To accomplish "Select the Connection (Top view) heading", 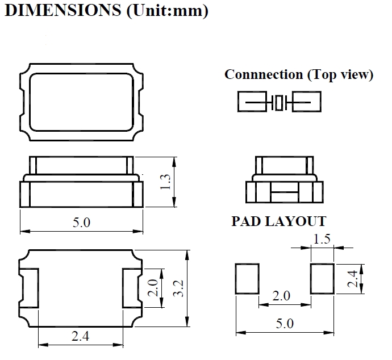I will click(x=299, y=74).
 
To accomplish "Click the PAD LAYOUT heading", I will click(x=278, y=221).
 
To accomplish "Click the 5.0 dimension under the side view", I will click(x=81, y=222).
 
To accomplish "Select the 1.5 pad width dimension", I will click(x=322, y=239).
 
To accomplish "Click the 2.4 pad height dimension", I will click(x=353, y=279).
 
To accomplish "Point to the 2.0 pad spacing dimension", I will click(x=281, y=296).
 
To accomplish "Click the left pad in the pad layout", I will click(x=247, y=279).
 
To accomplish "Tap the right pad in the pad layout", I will click(x=322, y=279).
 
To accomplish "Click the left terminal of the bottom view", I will click(x=31, y=288).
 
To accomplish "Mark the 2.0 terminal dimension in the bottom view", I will click(x=152, y=288).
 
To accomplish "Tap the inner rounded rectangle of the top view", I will click(x=81, y=102).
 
